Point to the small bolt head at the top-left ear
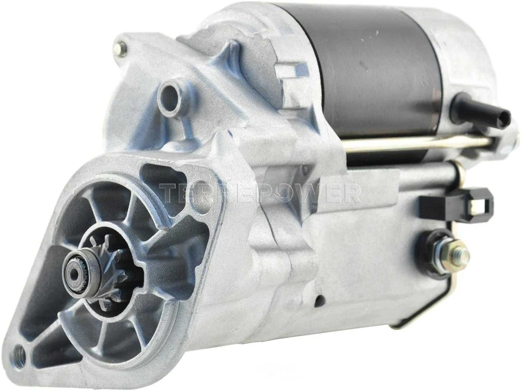[119, 48]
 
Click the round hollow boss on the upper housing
[170, 98]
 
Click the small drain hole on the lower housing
[320, 300]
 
